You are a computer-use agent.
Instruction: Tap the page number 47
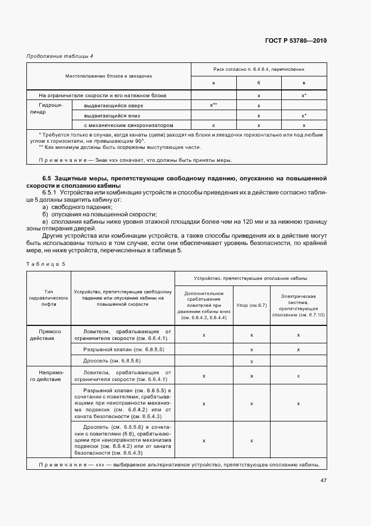click(323, 480)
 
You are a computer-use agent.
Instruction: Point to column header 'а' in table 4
click(213, 83)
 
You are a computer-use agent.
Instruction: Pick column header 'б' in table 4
click(259, 83)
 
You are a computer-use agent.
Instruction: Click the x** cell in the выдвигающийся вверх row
click(213, 106)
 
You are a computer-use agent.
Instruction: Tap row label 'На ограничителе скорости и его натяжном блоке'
click(99, 96)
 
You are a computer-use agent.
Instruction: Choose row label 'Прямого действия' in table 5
click(49, 335)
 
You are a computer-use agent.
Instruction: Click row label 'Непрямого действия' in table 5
click(49, 375)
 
